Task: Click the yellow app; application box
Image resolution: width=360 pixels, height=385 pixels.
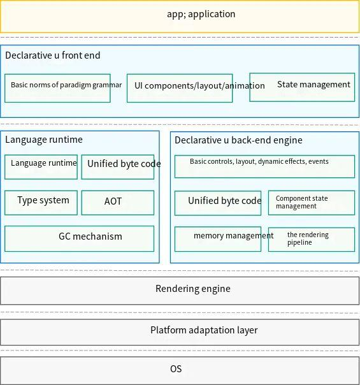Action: pyautogui.click(x=180, y=17)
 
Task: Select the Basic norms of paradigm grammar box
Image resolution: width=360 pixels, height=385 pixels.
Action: pyautogui.click(x=57, y=88)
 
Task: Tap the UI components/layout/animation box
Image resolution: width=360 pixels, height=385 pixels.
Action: pyautogui.click(x=180, y=88)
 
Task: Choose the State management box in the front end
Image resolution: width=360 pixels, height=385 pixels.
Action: pyautogui.click(x=302, y=87)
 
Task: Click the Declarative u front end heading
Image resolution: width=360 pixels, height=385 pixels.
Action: pyautogui.click(x=53, y=55)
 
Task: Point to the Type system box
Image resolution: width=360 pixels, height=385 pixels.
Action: pyautogui.click(x=41, y=203)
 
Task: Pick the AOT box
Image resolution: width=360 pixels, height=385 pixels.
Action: pyautogui.click(x=118, y=203)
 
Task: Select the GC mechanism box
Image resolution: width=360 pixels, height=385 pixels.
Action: pyautogui.click(x=79, y=238)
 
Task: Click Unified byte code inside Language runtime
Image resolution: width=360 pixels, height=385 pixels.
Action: pyautogui.click(x=118, y=167)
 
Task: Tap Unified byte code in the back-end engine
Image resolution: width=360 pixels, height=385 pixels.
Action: pyautogui.click(x=218, y=203)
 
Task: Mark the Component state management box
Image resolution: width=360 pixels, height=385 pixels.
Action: pyautogui.click(x=312, y=203)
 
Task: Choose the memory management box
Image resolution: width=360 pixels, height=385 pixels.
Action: pyautogui.click(x=218, y=239)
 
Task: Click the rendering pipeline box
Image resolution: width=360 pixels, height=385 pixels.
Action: pyautogui.click(x=312, y=240)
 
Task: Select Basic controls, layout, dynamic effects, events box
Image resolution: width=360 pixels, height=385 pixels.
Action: pyautogui.click(x=264, y=166)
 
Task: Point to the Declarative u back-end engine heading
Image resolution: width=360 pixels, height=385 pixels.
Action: pyautogui.click(x=238, y=140)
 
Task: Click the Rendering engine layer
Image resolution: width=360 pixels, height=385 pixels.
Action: pyautogui.click(x=180, y=291)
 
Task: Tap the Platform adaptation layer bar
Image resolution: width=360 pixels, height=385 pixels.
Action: pyautogui.click(x=180, y=332)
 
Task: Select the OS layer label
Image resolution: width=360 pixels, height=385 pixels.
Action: pyautogui.click(x=176, y=369)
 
